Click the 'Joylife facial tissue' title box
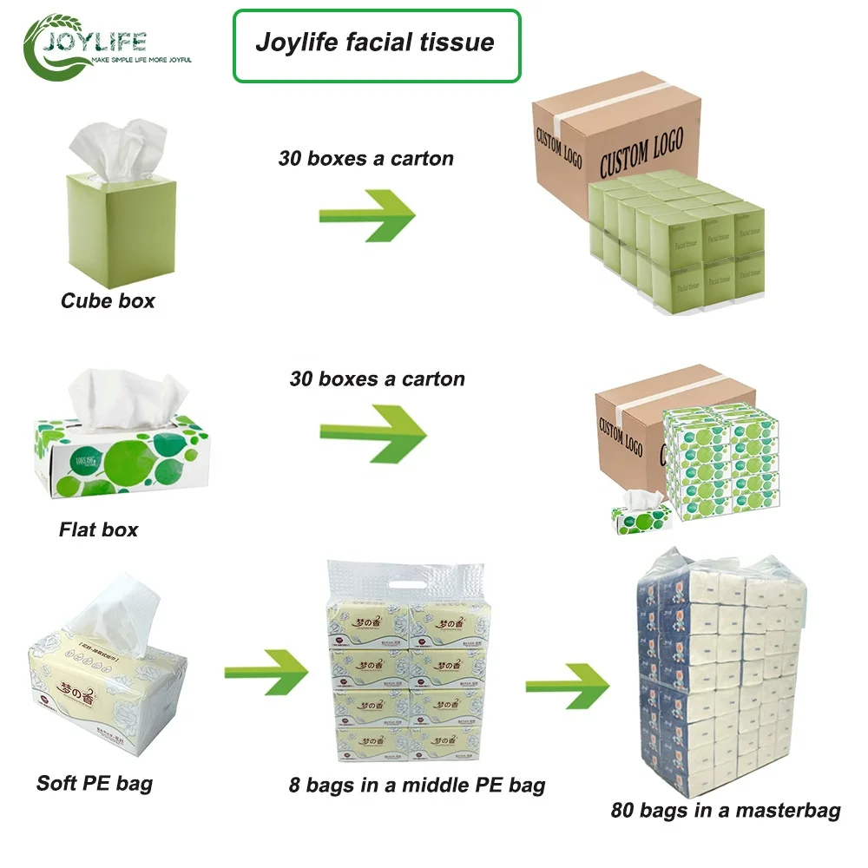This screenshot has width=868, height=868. [x=376, y=44]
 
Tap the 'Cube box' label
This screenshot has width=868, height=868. [x=108, y=301]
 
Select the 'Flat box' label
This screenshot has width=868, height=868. [x=98, y=529]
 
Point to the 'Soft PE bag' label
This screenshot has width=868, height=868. [x=94, y=783]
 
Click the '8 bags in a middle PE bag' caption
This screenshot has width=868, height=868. [x=417, y=786]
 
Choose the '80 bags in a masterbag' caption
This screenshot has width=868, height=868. [x=725, y=811]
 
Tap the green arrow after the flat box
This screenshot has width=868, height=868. [x=372, y=431]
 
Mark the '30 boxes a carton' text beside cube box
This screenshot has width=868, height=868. [x=365, y=159]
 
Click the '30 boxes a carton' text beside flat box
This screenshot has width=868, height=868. [x=377, y=379]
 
